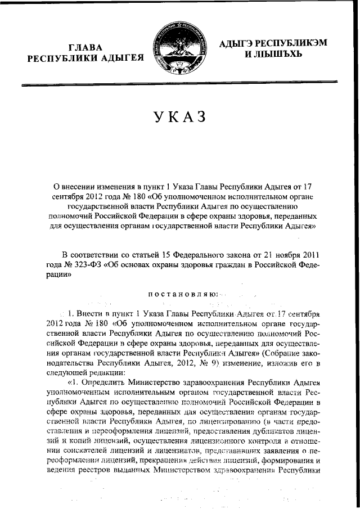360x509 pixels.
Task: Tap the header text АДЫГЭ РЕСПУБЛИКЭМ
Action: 274,43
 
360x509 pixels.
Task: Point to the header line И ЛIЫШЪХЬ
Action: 273,55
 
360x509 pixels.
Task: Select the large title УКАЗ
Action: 180,119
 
